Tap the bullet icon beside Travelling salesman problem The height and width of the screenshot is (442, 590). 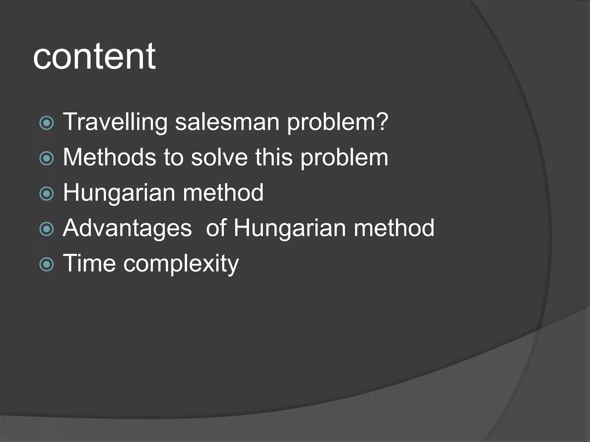click(46, 123)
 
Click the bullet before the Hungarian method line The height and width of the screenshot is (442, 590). click(46, 194)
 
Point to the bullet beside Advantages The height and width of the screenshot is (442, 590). click(46, 229)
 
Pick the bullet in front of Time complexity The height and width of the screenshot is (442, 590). click(46, 264)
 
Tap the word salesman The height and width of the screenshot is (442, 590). click(227, 122)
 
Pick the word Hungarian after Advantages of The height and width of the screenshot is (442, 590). click(290, 228)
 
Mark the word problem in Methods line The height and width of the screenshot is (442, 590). click(345, 158)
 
